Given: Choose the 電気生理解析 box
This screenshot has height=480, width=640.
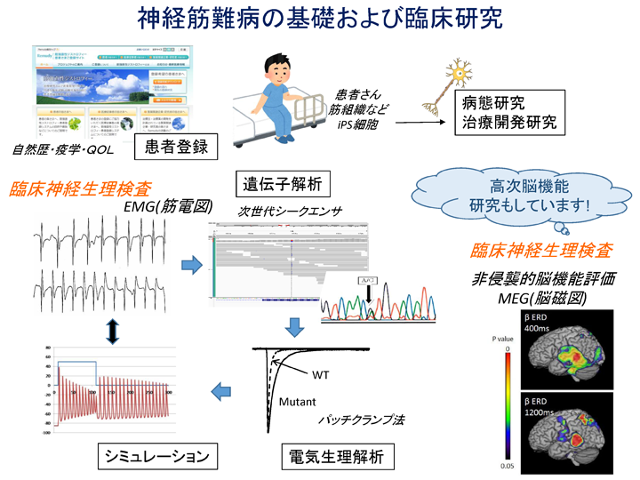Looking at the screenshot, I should click(333, 456).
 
